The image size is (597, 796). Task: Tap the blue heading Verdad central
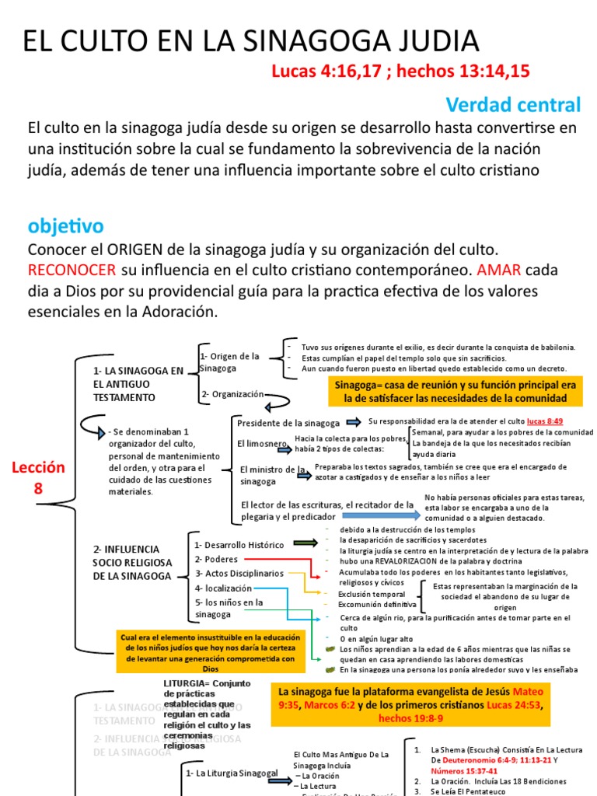(513, 105)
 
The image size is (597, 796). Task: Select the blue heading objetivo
(65, 226)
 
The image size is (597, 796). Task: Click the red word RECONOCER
(72, 271)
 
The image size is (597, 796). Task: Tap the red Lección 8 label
(38, 477)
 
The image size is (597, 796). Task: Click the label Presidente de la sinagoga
(288, 423)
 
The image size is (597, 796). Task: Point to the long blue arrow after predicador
(380, 515)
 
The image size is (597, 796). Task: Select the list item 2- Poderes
(216, 559)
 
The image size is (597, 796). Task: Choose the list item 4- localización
(223, 588)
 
